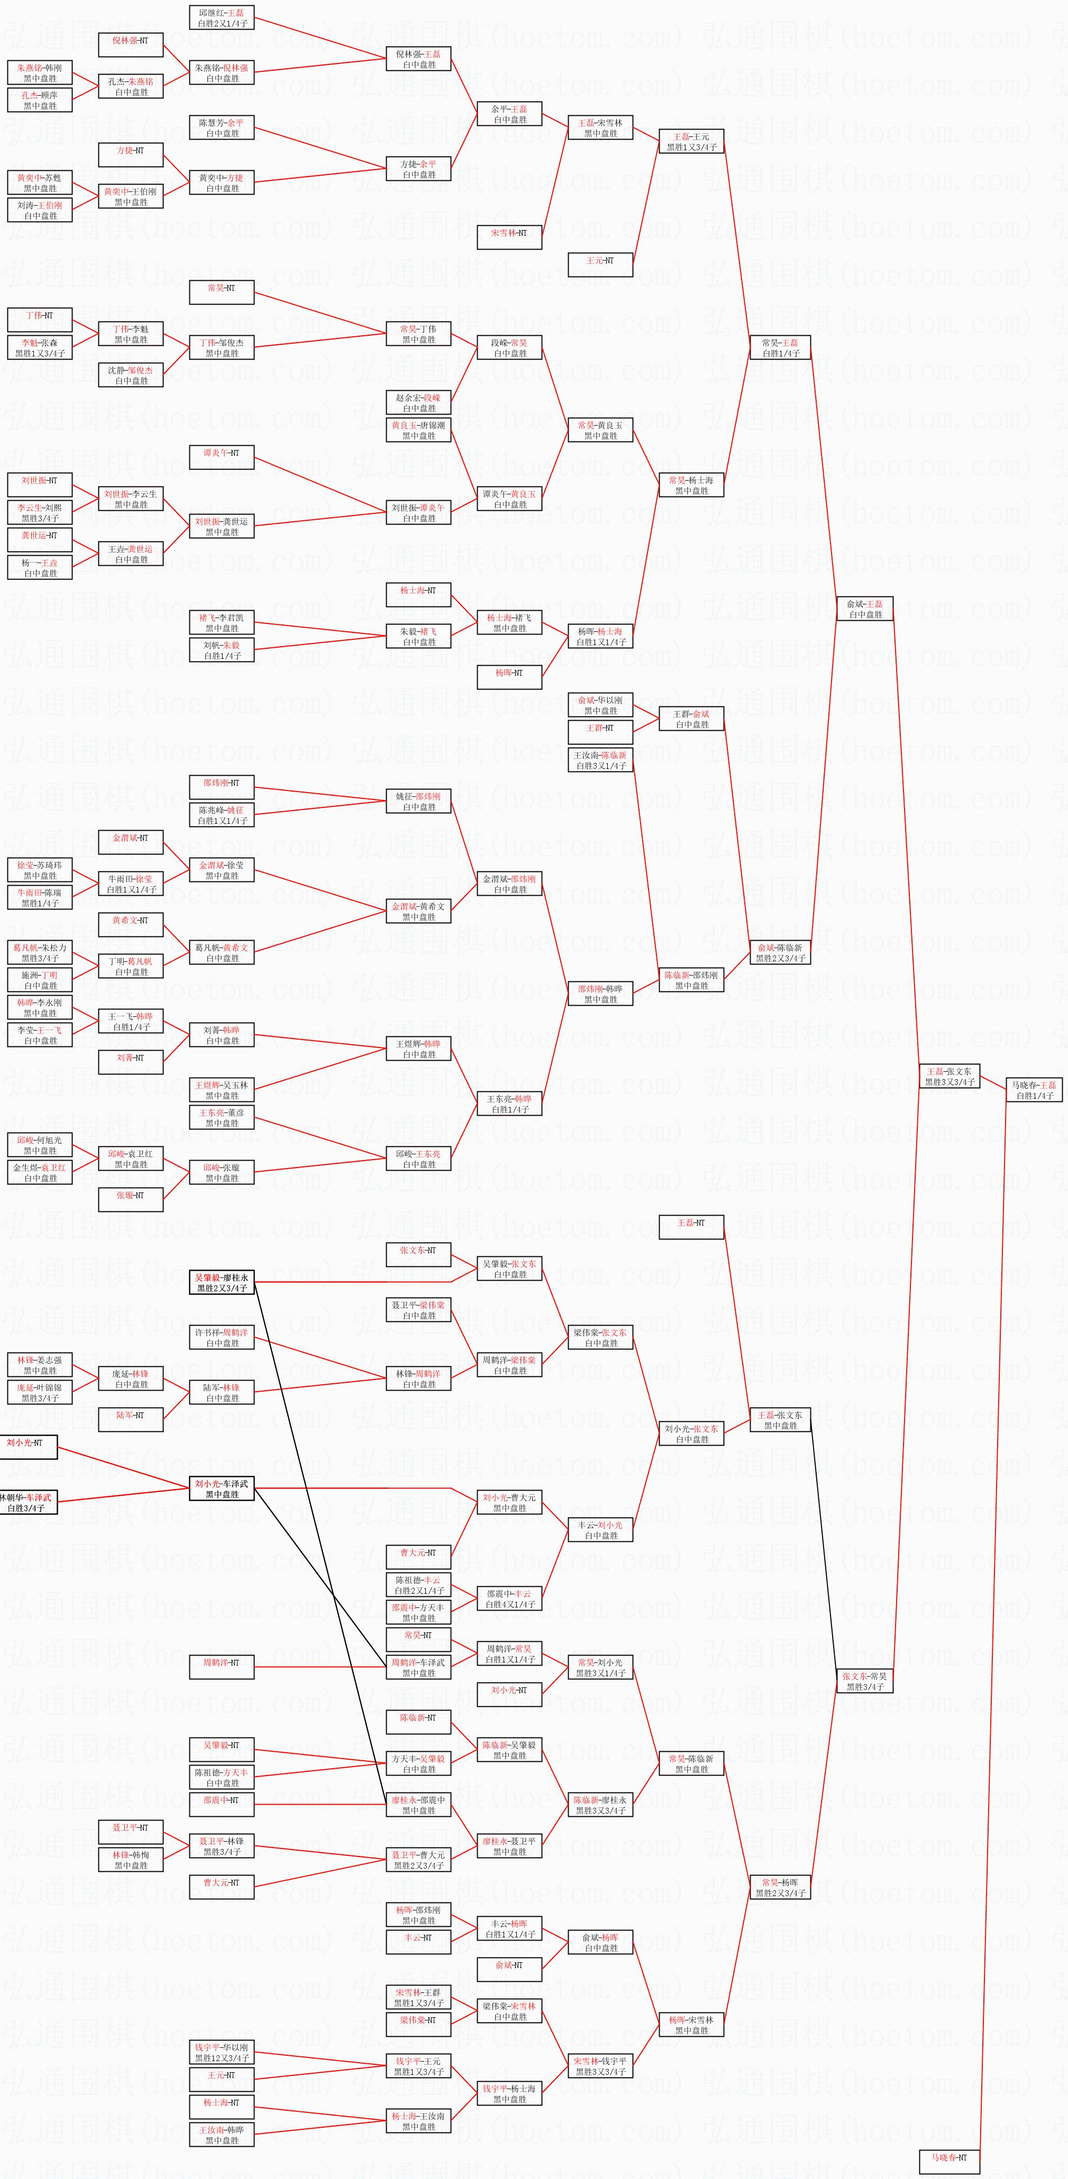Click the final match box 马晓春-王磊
click(1034, 1089)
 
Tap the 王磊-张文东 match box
click(950, 1076)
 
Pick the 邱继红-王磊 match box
click(222, 18)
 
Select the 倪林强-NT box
click(130, 41)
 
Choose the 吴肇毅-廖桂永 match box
click(222, 1282)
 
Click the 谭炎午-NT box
click(222, 453)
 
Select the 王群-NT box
click(600, 728)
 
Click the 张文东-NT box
click(418, 1250)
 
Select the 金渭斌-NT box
click(130, 838)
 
